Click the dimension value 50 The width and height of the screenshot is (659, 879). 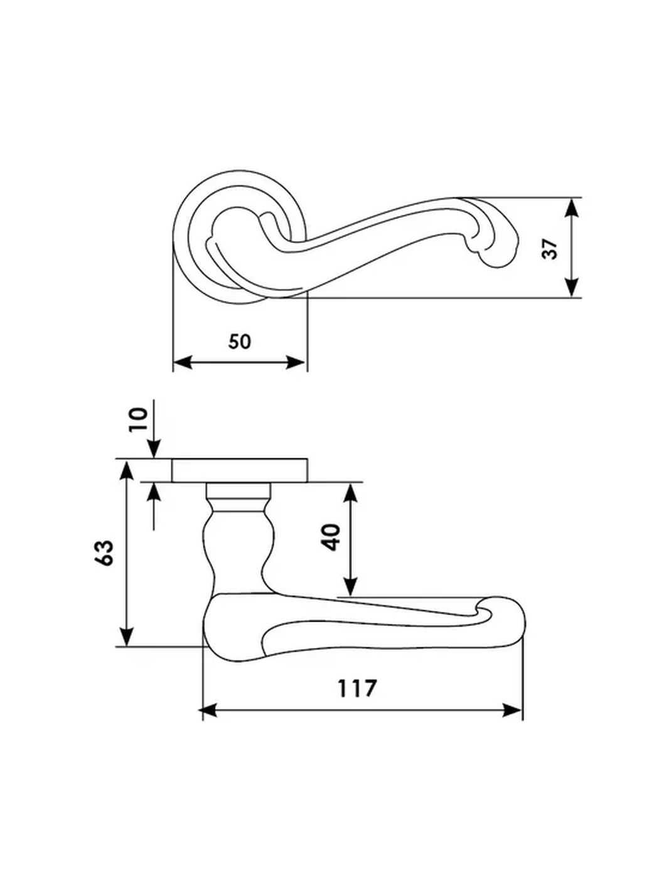tap(240, 342)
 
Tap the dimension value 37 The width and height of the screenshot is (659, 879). tap(550, 249)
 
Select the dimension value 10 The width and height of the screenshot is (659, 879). tap(138, 419)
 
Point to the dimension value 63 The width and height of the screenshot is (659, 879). tap(104, 553)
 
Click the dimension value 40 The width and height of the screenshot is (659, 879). tap(332, 537)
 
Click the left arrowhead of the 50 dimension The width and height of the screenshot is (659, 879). tap(182, 362)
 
